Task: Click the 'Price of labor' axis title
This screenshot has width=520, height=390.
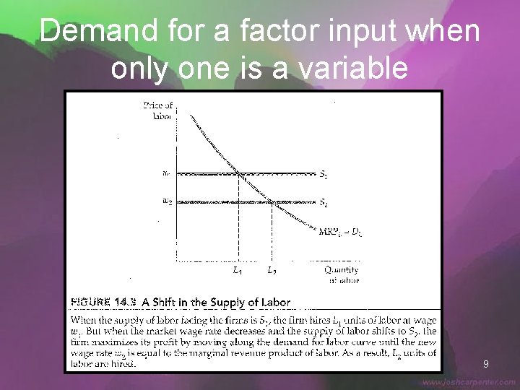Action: [x=158, y=110]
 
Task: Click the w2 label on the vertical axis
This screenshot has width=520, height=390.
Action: [x=167, y=201]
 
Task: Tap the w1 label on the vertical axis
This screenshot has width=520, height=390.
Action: [x=167, y=173]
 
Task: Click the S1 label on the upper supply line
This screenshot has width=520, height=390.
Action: [x=324, y=174]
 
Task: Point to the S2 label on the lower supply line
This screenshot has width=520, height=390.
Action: [x=324, y=203]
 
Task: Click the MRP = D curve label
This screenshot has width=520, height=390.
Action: [x=340, y=231]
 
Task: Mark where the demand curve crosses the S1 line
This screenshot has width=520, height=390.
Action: [x=239, y=173]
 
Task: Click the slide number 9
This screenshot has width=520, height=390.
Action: [x=486, y=364]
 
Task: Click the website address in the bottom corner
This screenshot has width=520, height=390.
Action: [x=469, y=382]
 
